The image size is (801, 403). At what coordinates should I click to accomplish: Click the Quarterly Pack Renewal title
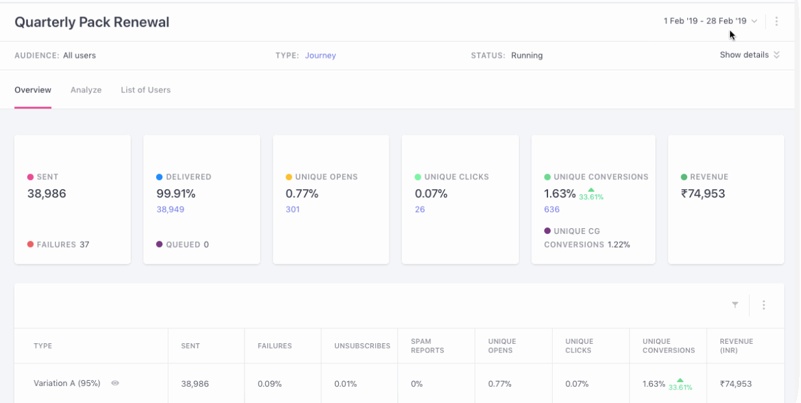tap(92, 22)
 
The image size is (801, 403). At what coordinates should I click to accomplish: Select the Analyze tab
tap(86, 90)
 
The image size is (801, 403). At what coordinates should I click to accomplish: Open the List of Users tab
tap(146, 90)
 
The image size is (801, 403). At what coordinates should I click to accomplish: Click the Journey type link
tap(321, 56)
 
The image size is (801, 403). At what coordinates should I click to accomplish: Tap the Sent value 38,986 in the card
tap(47, 194)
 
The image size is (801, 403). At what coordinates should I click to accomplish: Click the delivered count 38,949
tap(170, 209)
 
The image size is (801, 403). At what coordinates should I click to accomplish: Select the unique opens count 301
tap(293, 209)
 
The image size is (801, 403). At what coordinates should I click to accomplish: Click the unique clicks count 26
tap(420, 209)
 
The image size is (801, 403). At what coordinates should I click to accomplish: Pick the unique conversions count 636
tap(551, 209)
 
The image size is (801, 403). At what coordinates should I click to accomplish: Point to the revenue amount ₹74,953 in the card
tap(703, 194)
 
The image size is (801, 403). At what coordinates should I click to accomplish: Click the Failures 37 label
tap(59, 245)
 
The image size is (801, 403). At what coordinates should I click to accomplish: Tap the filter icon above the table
tap(735, 305)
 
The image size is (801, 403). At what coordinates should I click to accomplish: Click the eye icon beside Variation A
tap(115, 383)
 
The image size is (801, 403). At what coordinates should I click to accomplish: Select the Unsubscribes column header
tap(362, 346)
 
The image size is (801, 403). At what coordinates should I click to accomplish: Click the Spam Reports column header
tap(427, 346)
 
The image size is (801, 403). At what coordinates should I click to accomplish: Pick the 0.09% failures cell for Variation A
tap(269, 384)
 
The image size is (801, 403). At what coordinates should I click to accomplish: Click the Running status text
tap(527, 56)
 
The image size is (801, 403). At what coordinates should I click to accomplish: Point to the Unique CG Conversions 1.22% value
tap(618, 245)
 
